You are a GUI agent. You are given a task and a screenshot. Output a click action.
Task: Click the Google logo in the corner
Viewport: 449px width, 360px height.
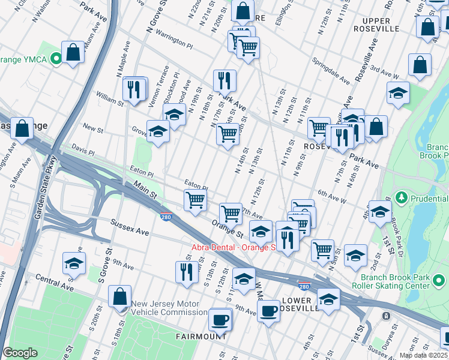coord(20,353)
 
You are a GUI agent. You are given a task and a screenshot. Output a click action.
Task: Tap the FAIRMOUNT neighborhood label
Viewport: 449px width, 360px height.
coord(200,337)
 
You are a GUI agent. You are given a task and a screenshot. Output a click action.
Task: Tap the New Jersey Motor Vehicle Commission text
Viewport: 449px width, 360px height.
coord(170,308)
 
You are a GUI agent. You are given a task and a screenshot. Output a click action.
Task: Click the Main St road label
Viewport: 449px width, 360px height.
coord(145,191)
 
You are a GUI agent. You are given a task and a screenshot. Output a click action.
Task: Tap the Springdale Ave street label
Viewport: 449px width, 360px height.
coord(331,71)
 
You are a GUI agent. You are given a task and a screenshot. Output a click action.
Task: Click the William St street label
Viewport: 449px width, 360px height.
coord(109,99)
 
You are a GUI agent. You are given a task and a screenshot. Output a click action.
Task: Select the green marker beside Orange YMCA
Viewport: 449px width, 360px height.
coord(56,58)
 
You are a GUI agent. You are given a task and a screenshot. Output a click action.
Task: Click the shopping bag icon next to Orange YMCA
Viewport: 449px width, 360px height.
coord(73,52)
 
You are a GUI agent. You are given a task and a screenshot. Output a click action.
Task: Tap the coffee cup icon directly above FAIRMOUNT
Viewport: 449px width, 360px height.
coord(220,319)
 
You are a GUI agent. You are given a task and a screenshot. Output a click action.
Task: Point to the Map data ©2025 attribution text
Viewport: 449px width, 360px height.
coord(423,355)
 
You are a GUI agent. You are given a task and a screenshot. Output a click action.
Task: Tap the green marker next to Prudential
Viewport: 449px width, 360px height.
coord(402,197)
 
